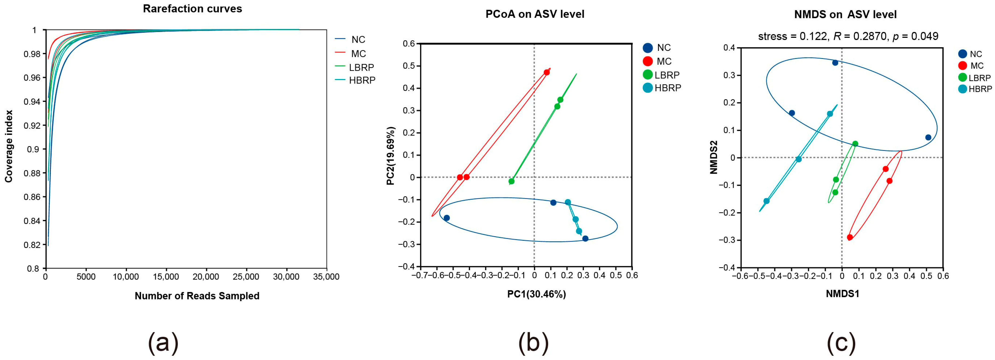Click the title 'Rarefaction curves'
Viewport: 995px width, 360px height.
(x=192, y=9)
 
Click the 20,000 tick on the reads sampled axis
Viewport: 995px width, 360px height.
(x=206, y=277)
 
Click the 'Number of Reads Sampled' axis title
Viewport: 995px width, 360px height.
(x=197, y=296)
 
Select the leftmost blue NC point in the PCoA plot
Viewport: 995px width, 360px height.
(x=447, y=218)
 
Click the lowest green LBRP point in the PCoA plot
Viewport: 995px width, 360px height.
(x=512, y=181)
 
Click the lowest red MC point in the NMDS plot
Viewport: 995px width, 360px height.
(x=850, y=237)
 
